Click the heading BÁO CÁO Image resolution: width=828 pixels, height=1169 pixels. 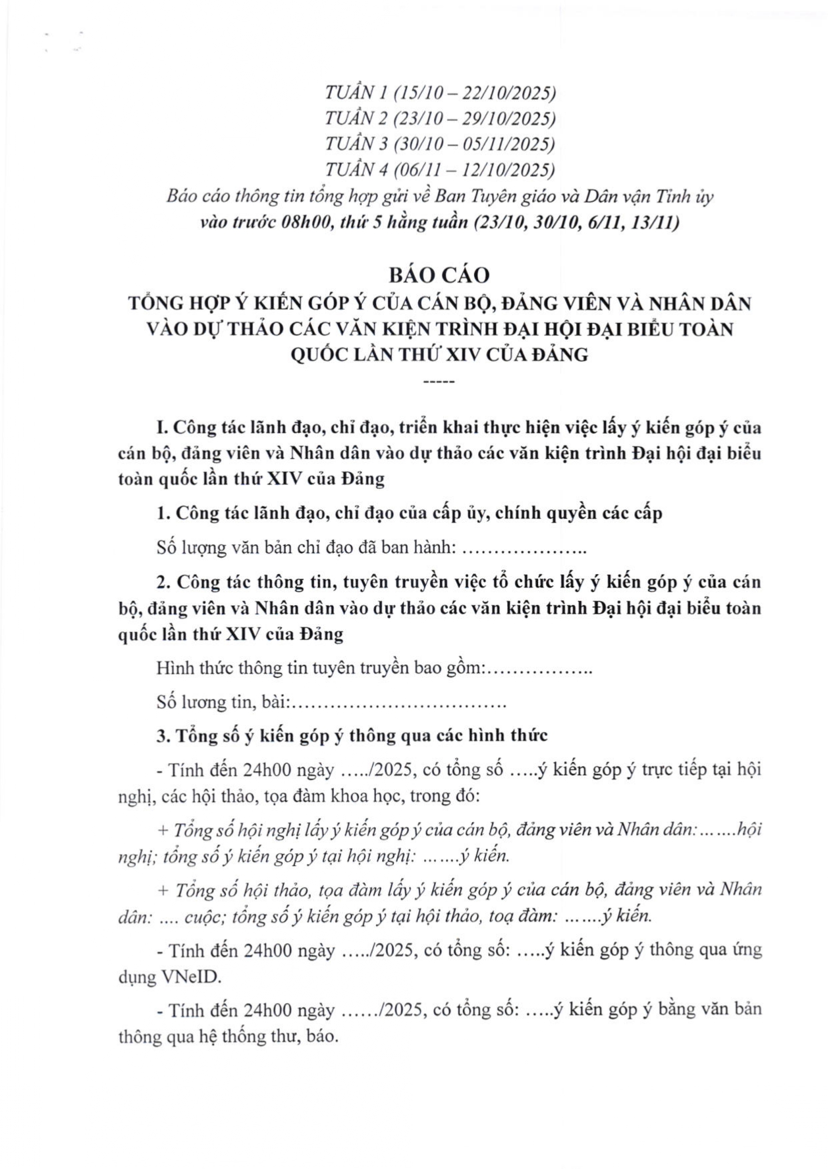[x=439, y=275]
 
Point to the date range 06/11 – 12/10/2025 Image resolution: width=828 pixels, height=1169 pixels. [x=477, y=170]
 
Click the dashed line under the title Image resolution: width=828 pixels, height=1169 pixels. [x=439, y=382]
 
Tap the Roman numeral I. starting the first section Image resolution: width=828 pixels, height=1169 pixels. [x=161, y=427]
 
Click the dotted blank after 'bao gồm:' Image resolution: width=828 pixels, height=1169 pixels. [x=541, y=668]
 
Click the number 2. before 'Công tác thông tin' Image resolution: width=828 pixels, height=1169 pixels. [x=163, y=582]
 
